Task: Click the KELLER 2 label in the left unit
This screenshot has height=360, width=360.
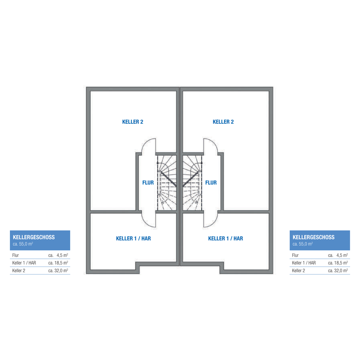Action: [132, 122]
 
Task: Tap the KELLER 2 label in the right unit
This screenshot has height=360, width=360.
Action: [223, 122]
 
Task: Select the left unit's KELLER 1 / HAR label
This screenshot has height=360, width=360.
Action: [133, 238]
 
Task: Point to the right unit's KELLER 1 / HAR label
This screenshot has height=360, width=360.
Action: [225, 238]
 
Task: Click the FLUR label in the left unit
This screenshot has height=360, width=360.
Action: [148, 183]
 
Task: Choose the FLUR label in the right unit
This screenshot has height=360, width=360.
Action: [211, 183]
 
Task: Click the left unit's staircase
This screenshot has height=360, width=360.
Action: [167, 183]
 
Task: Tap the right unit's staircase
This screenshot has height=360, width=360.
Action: [193, 183]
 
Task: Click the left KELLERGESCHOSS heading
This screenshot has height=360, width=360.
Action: [34, 237]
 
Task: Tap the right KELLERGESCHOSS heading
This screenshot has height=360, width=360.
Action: [313, 237]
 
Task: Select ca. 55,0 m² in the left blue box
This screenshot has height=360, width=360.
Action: [23, 244]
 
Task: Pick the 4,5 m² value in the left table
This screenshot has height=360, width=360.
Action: [62, 255]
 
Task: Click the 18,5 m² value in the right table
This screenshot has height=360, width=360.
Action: [341, 263]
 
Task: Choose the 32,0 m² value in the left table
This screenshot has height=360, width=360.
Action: [61, 271]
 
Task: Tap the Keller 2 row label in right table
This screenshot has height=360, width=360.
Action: [298, 271]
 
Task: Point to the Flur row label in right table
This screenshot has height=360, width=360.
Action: [295, 255]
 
